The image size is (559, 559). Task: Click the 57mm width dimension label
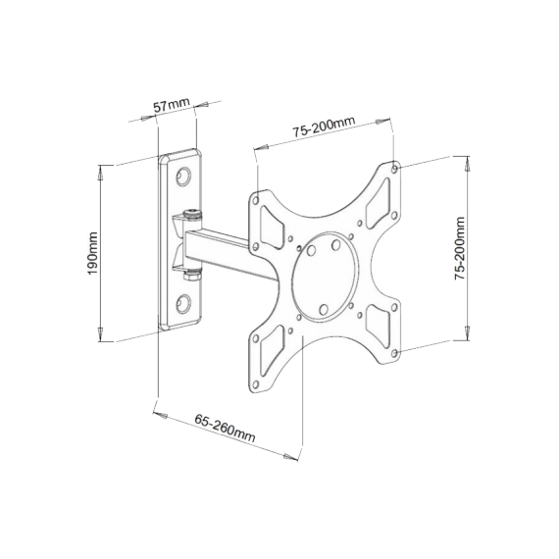point(172,104)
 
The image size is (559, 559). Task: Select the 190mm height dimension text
point(93,254)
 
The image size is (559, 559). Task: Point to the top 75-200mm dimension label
point(323,127)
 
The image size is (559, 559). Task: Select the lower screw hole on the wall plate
point(183,301)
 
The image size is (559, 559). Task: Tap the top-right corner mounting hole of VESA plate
point(394,169)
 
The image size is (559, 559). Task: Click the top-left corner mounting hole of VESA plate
point(257,196)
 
